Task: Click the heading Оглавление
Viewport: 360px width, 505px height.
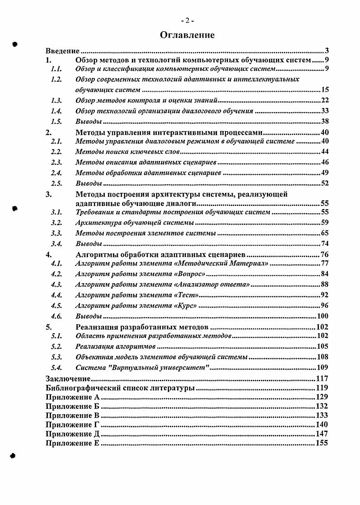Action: coord(187,35)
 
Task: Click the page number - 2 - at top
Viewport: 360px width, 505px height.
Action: coord(187,20)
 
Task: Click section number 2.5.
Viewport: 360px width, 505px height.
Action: coord(56,183)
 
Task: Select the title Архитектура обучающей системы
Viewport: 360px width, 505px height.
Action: coord(135,223)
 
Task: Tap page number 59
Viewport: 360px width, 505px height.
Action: coord(324,223)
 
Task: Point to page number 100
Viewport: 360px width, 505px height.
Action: coord(323,316)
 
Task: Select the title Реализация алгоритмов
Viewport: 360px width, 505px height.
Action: coord(115,346)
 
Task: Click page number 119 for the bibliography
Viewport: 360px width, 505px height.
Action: coord(323,388)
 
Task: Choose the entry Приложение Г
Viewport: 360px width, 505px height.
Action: coord(72,425)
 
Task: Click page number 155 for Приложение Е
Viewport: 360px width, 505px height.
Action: coord(323,443)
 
